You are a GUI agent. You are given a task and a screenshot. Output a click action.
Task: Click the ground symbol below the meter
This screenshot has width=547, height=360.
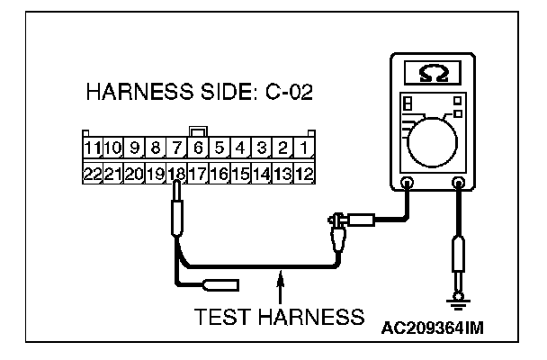coord(459,298)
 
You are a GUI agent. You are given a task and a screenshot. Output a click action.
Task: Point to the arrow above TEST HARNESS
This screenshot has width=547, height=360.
coord(281,286)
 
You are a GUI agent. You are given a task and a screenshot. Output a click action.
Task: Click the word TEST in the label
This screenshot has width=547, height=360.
coord(218,317)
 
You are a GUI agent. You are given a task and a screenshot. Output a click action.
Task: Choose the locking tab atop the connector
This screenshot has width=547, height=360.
coord(198,132)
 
